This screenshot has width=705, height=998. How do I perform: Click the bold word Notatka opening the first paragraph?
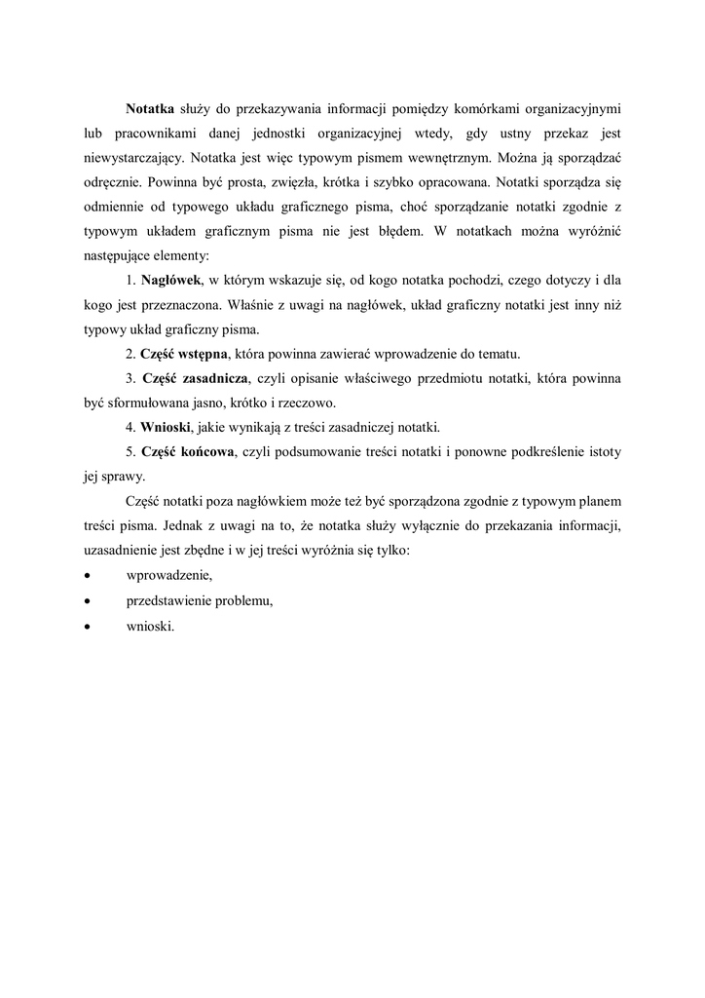(x=150, y=107)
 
